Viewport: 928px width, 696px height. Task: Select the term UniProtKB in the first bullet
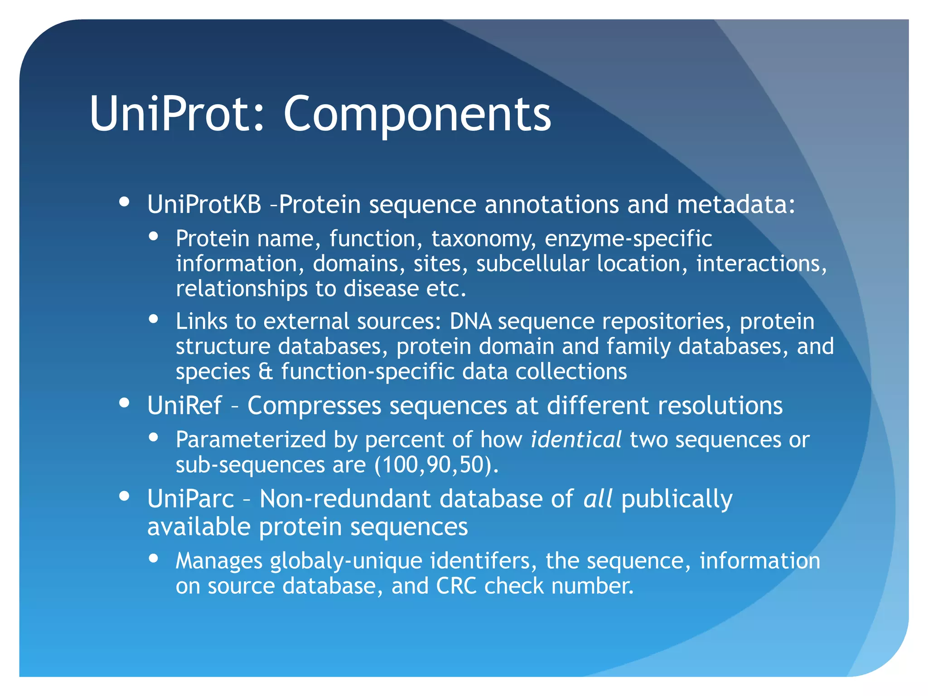[204, 205]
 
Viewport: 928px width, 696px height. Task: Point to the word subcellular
[532, 264]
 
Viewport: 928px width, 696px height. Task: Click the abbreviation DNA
[470, 322]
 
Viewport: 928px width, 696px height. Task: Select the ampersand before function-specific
[266, 372]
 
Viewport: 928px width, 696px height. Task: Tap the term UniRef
[184, 406]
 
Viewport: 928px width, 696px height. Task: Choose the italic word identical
[575, 440]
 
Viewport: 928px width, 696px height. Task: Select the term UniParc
[191, 499]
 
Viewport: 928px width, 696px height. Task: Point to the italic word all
[598, 499]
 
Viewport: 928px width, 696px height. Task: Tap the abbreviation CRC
[456, 586]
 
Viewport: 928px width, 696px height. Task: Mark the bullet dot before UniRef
[125, 403]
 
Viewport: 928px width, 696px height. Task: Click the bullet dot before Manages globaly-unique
[154, 558]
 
